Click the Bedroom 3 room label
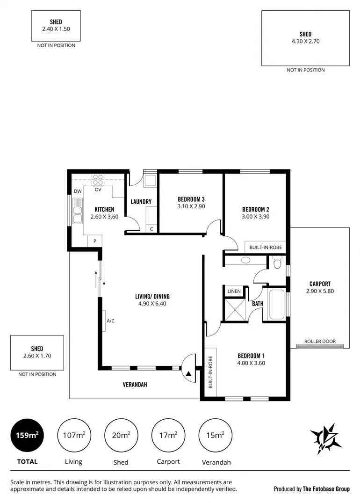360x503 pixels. (x=191, y=199)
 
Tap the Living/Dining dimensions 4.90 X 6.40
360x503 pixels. (x=152, y=304)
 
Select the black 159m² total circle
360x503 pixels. (x=27, y=435)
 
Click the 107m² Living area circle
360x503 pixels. (x=73, y=435)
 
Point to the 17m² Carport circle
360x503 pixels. (x=168, y=435)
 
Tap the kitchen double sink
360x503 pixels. (x=76, y=211)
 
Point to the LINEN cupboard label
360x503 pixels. (x=234, y=292)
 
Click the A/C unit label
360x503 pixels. (x=111, y=321)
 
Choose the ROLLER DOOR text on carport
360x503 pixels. (x=320, y=342)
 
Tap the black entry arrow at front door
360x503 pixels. (x=188, y=374)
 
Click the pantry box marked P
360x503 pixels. (x=95, y=241)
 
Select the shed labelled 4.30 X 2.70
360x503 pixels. (x=305, y=38)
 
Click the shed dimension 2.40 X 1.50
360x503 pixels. (x=56, y=29)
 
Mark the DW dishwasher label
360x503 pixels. (x=77, y=191)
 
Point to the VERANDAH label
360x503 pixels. (x=135, y=385)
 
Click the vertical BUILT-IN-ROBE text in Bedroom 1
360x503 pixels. (x=210, y=372)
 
